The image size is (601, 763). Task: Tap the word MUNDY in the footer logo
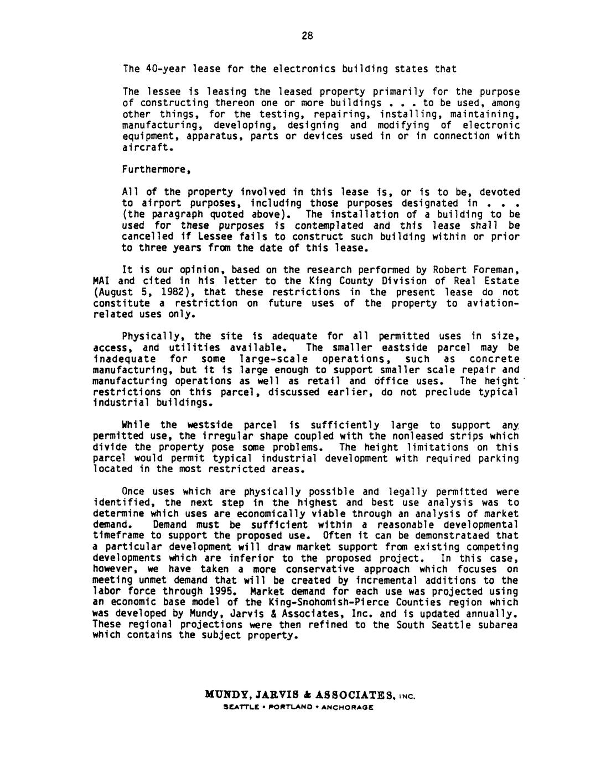(224, 693)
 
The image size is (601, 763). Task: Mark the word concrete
(497, 359)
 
